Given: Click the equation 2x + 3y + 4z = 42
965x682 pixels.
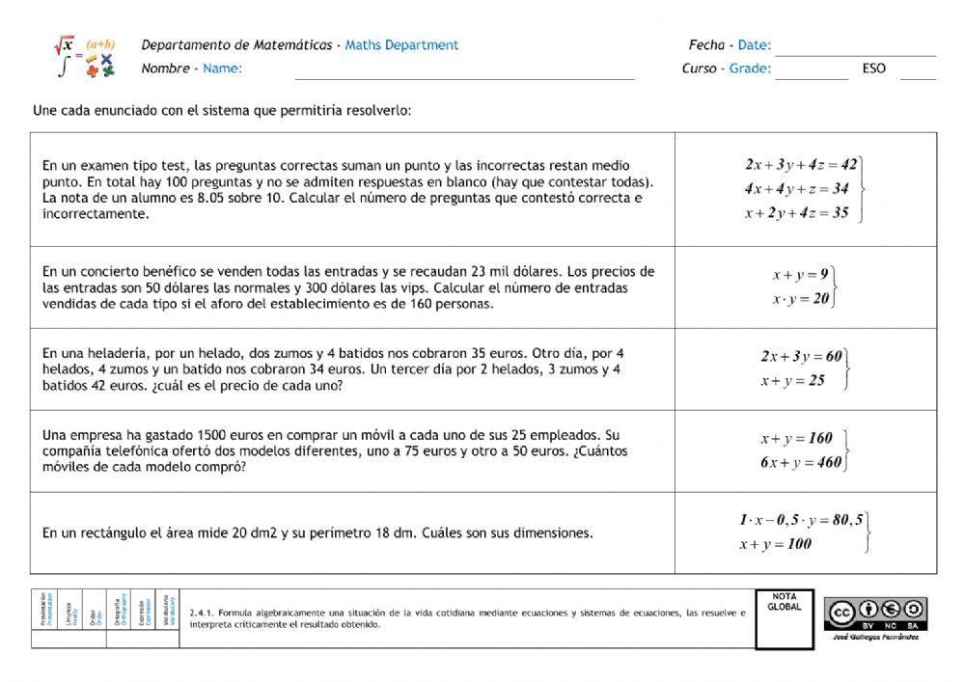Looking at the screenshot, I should click(800, 165).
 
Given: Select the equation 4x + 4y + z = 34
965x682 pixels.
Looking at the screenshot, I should click(796, 189).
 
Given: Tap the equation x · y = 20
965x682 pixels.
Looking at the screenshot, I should click(800, 299).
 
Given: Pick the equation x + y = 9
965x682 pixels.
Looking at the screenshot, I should click(799, 275).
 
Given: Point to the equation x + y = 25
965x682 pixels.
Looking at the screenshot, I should click(792, 381).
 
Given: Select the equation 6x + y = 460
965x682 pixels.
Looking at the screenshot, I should click(800, 462).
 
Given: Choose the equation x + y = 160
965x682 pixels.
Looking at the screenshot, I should click(795, 438).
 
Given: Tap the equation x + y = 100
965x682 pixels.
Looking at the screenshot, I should click(775, 544).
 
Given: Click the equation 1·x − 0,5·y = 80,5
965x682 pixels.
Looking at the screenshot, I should click(801, 520).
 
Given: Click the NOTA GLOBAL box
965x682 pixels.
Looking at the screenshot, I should click(784, 618).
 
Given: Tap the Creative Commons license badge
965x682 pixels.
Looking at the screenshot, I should click(875, 613).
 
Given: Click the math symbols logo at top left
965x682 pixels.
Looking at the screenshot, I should click(85, 58).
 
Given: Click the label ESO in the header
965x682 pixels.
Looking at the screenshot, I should click(873, 69).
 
